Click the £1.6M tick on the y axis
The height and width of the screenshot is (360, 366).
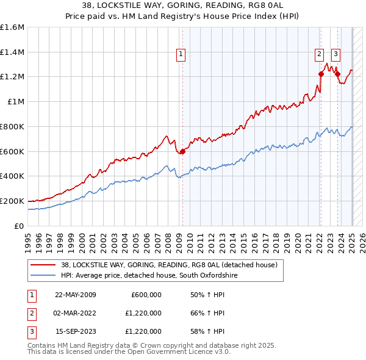[12, 27]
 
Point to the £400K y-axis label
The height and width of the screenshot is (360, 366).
[12, 176]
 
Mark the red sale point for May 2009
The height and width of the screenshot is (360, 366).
[182, 151]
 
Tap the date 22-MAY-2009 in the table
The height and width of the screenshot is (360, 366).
[75, 295]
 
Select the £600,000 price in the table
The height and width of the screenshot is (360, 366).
[146, 295]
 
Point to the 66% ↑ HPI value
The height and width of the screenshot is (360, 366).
[207, 313]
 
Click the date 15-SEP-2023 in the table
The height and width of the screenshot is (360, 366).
[75, 331]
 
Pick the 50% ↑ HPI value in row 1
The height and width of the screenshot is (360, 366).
[207, 295]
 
